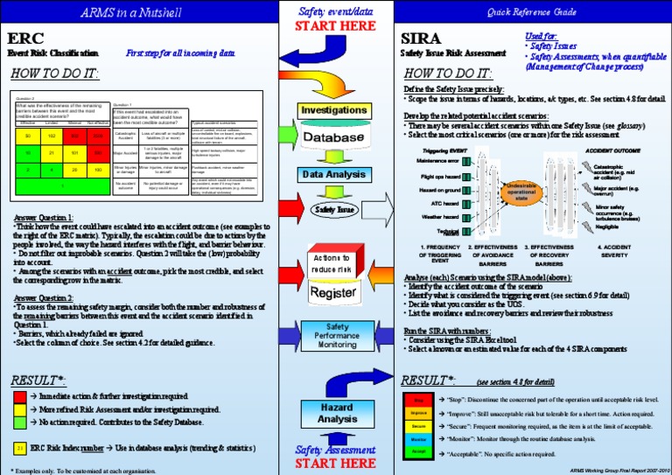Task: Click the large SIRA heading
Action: (421, 39)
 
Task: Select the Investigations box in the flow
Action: (334, 110)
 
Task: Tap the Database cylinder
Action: (333, 138)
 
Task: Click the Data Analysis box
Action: (333, 174)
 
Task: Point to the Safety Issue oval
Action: (333, 210)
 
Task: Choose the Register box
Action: (333, 293)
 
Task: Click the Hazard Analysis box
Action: (336, 414)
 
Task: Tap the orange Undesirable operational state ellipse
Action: (520, 193)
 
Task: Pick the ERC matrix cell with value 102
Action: (51, 136)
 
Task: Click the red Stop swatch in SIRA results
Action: (418, 399)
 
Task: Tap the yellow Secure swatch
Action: (418, 426)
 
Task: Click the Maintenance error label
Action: (438, 161)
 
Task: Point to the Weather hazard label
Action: (441, 217)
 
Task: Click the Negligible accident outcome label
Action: (607, 227)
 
